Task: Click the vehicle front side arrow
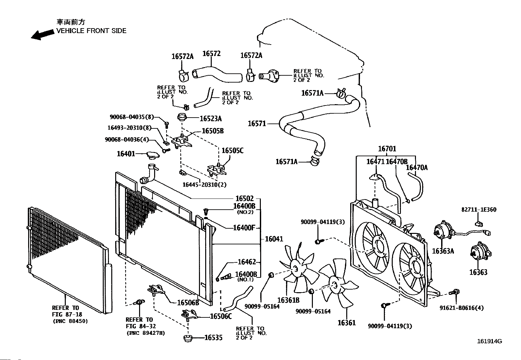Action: point(43,35)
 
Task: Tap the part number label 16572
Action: point(211,53)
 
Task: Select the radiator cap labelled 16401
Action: point(153,155)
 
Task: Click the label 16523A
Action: point(211,119)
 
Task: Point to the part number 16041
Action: point(274,239)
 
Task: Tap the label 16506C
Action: point(221,316)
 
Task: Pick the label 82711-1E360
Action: point(479,210)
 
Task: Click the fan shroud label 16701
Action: point(387,149)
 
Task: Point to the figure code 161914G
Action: point(490,341)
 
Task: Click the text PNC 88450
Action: point(70,321)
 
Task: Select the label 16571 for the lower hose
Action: point(257,123)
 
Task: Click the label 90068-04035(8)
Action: point(132,117)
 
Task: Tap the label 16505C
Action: point(233,151)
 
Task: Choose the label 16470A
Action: point(417,168)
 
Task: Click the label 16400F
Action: point(244,228)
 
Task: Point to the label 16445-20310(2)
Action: point(205,185)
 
